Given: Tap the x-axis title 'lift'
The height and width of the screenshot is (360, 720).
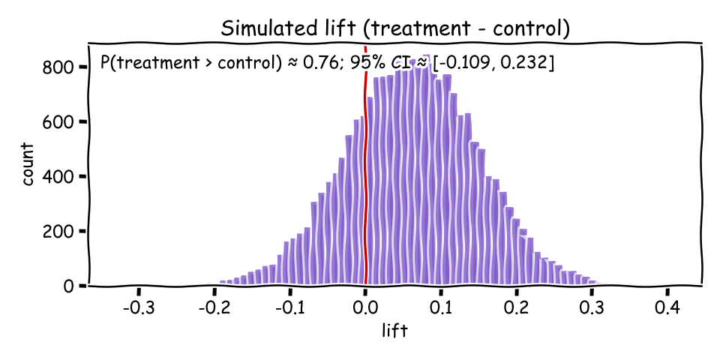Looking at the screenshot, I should click(x=395, y=331).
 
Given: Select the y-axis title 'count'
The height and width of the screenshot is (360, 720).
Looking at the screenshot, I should click(x=28, y=165).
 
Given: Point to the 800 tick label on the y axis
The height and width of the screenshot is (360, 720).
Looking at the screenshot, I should click(x=58, y=67).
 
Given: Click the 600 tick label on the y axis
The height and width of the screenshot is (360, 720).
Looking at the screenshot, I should click(x=58, y=122).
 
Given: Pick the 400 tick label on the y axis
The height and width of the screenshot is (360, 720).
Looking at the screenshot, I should click(x=58, y=177).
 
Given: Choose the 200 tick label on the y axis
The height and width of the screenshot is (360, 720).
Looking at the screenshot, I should click(x=58, y=232).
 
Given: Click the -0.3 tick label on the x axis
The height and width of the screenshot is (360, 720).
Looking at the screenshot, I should click(x=138, y=309).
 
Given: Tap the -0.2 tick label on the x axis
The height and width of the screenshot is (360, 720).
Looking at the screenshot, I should click(x=214, y=309).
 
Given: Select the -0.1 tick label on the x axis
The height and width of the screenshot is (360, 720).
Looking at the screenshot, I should click(x=289, y=309).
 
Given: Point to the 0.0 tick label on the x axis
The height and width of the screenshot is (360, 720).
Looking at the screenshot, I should click(x=365, y=309).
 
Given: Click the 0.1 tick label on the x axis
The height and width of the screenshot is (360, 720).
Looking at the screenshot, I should click(x=441, y=309).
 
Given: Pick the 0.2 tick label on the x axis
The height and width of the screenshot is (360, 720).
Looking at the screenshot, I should click(x=517, y=309).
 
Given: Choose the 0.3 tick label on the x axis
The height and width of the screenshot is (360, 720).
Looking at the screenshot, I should click(x=592, y=309).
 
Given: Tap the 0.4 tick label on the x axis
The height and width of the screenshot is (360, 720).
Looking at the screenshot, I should click(x=668, y=309).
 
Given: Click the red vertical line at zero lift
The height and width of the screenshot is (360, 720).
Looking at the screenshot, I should click(x=365, y=187).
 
